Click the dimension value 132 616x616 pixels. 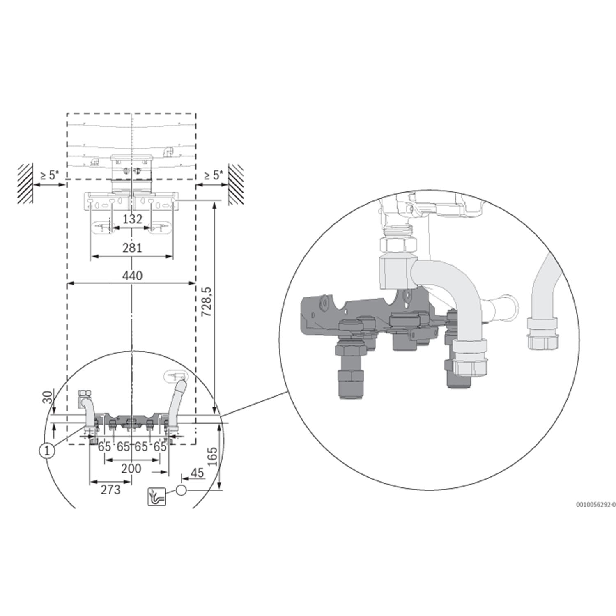point(132,219)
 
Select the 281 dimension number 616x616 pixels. point(132,248)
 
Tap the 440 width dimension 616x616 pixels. point(132,275)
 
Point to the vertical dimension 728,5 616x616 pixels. point(207,301)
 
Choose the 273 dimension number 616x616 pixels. point(111,490)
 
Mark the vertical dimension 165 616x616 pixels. point(212,457)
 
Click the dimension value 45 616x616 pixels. point(197,473)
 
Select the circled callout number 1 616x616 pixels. point(47,451)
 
